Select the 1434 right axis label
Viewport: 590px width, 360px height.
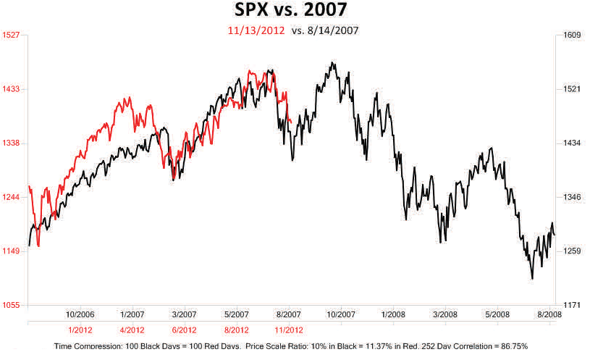point(573,143)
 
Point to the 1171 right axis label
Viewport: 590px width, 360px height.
point(573,306)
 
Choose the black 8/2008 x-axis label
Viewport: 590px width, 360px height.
point(548,314)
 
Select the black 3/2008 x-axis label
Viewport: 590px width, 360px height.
point(444,314)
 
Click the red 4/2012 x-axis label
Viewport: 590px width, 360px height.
point(131,330)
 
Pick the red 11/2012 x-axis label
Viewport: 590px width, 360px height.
point(288,330)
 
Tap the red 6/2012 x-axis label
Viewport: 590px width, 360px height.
point(184,330)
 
